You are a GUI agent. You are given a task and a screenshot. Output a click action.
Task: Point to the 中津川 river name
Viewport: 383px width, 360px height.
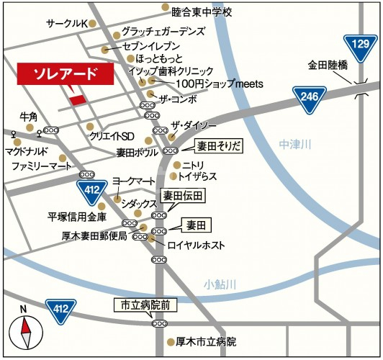295,145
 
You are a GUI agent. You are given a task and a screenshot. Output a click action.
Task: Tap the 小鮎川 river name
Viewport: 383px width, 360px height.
220,284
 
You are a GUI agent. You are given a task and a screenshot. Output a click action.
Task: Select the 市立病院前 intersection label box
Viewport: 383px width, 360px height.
145,305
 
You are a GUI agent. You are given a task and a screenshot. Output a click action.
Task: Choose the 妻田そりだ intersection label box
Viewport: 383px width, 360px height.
220,147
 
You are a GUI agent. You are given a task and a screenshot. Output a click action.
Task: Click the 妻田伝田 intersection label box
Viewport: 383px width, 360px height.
184,196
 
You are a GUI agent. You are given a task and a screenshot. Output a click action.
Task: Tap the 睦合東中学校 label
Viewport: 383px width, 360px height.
202,12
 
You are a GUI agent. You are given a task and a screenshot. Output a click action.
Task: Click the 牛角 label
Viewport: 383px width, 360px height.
29,117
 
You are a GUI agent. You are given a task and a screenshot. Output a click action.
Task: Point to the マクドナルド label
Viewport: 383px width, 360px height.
27,152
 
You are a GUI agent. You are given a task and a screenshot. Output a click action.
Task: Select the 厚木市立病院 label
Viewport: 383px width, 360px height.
207,342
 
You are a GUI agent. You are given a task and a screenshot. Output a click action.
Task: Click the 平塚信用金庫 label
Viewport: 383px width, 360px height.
77,216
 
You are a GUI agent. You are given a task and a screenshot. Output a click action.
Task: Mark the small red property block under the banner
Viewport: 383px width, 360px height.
77,98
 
